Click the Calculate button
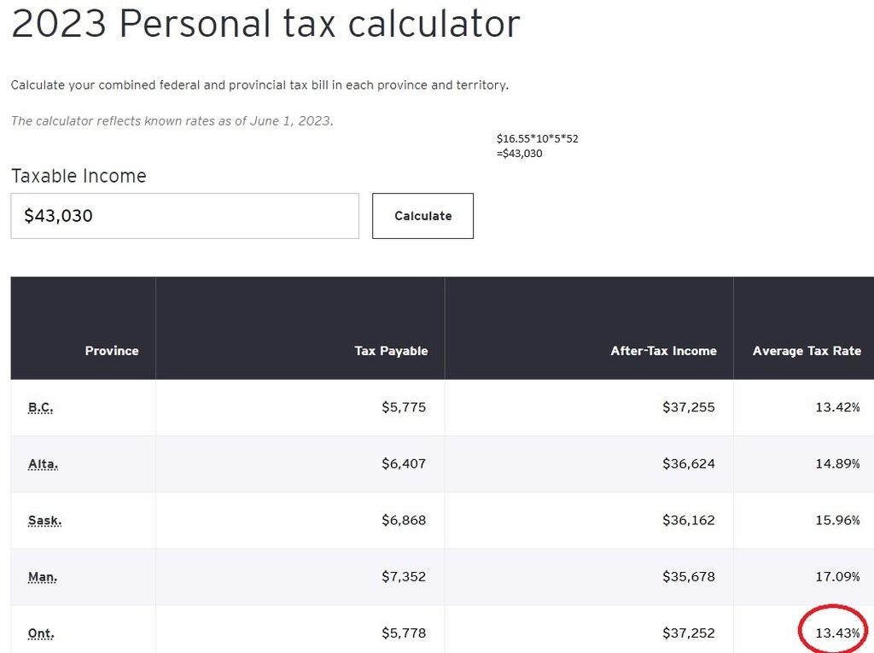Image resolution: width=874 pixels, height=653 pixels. (422, 216)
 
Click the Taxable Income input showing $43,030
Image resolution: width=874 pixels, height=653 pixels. (184, 216)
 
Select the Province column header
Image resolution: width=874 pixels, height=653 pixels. (111, 351)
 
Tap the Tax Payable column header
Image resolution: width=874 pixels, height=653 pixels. (391, 351)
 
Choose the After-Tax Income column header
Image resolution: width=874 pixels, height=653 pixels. (663, 351)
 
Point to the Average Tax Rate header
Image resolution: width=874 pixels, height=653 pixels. (807, 351)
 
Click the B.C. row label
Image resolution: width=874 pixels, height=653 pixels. (40, 407)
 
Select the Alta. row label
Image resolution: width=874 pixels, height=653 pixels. (43, 464)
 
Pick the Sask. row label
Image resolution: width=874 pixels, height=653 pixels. (44, 520)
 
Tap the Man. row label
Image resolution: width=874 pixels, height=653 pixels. (43, 576)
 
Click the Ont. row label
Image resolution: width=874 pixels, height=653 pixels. (41, 633)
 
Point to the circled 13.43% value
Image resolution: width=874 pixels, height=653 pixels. (837, 633)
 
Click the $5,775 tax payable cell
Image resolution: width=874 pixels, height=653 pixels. (403, 407)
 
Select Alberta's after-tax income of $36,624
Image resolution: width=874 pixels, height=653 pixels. (688, 464)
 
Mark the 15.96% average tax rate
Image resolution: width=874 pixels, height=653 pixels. (837, 520)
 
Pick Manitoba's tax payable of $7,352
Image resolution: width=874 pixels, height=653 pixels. (403, 576)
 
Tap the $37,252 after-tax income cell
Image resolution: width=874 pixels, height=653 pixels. (688, 633)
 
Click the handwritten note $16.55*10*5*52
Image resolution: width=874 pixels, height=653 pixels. (537, 138)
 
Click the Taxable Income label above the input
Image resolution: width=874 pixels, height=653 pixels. (79, 176)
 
